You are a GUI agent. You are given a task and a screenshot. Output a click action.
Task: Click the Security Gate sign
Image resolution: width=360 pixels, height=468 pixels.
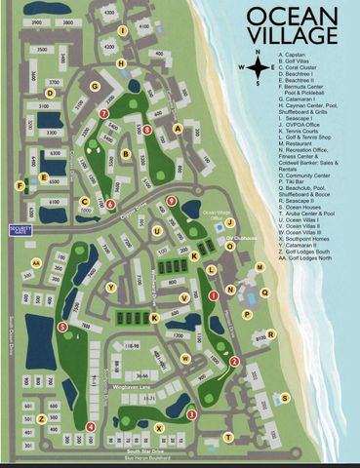point(20,230)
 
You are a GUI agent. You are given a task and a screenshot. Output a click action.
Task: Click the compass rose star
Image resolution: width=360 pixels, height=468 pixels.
point(258,66)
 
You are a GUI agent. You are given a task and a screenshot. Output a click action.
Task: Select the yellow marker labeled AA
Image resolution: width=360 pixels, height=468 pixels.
point(35,262)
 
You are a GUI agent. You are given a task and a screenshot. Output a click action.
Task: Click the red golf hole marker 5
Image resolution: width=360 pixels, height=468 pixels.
point(62,328)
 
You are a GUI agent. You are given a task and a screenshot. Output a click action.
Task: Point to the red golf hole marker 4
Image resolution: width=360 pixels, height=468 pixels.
point(90,426)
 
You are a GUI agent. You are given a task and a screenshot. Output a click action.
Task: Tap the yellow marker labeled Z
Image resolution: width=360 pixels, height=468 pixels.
point(41,418)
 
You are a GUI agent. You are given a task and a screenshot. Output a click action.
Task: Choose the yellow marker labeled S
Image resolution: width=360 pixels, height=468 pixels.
point(284,397)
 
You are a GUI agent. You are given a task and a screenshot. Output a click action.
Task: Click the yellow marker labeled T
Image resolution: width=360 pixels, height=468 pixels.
point(227,437)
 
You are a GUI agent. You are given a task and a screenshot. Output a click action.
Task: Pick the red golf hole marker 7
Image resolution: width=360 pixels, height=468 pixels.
point(103,114)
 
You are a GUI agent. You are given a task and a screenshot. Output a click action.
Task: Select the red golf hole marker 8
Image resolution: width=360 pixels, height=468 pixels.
point(146,129)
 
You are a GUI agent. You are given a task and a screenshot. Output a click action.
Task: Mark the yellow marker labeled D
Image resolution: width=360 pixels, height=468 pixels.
point(49,94)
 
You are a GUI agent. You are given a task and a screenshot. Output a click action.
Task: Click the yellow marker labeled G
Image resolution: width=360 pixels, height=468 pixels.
point(95,86)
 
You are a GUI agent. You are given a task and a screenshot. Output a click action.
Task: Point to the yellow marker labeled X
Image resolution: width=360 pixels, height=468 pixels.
point(158,427)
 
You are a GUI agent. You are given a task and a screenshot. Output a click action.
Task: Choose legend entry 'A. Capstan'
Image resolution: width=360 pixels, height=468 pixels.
point(294,54)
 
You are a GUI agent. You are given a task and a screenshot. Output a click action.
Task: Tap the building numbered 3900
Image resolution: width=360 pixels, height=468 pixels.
point(41,21)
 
